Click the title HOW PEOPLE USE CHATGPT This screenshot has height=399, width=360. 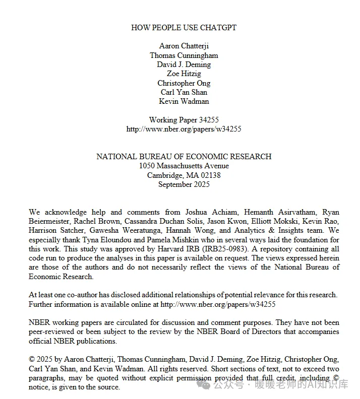(184, 28)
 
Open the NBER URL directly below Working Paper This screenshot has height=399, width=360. (184, 129)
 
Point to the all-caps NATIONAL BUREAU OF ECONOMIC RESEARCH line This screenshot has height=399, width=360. (184, 157)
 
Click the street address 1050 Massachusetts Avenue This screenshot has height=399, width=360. (184, 166)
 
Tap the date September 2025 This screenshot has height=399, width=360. (184, 184)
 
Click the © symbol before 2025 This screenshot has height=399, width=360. (32, 359)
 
